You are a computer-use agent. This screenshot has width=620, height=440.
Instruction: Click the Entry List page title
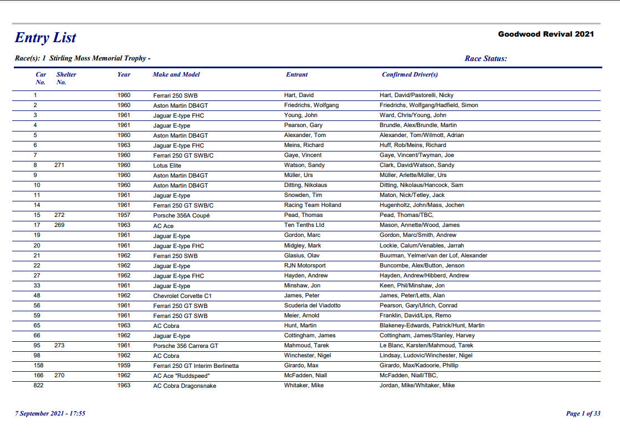click(x=45, y=38)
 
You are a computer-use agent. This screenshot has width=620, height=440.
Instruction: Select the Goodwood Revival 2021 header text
click(x=546, y=34)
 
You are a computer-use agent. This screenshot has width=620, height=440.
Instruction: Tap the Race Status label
click(x=485, y=59)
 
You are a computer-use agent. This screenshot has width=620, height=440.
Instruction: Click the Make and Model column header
click(x=176, y=74)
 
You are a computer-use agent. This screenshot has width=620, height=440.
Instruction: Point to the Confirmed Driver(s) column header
click(x=410, y=74)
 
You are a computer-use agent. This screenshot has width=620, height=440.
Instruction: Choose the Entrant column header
click(x=297, y=74)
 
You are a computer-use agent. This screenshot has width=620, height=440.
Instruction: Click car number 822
click(x=39, y=386)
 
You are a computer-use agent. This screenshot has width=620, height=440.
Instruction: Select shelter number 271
click(x=60, y=165)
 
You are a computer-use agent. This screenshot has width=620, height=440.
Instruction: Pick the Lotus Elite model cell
click(x=167, y=165)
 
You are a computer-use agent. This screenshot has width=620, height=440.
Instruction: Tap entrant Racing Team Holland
click(x=312, y=205)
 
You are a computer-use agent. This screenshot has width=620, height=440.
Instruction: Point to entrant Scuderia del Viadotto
click(x=312, y=306)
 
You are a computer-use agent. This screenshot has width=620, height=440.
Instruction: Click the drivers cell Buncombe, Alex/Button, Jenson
click(x=421, y=266)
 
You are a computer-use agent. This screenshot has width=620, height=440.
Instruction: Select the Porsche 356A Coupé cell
click(x=182, y=215)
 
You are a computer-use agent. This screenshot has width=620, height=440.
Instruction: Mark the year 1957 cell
click(x=124, y=215)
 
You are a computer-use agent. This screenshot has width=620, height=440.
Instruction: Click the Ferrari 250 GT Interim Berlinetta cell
click(x=196, y=366)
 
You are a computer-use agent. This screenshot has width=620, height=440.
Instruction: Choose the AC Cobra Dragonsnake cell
click(x=185, y=386)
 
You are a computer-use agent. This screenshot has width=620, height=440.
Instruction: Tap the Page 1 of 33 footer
click(x=583, y=413)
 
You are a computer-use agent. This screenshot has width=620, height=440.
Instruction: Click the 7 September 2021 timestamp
click(x=50, y=413)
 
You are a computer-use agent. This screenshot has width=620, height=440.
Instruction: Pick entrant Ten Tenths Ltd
click(x=304, y=225)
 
